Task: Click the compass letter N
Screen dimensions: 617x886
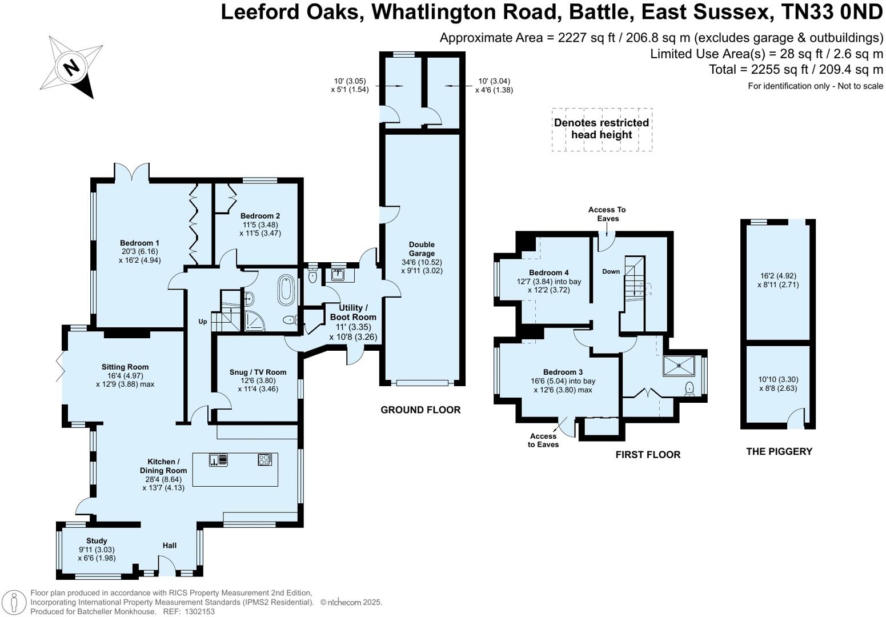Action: (71, 67)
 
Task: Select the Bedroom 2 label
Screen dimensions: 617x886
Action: (260, 216)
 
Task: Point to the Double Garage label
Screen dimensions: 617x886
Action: (422, 249)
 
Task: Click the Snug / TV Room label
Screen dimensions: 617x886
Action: (258, 372)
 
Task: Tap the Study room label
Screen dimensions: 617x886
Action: (97, 540)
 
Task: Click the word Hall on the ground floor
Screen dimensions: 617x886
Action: (169, 546)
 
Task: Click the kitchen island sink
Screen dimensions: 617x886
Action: (219, 460)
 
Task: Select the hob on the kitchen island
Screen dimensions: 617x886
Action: (264, 459)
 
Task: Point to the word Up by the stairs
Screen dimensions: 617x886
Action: (202, 322)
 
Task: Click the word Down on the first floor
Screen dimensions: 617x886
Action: (611, 271)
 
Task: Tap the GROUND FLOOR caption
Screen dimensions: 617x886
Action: (420, 410)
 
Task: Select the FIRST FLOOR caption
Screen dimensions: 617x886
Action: (647, 455)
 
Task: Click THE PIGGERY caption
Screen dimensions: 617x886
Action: (779, 451)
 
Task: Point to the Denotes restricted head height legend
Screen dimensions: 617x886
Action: (602, 129)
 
